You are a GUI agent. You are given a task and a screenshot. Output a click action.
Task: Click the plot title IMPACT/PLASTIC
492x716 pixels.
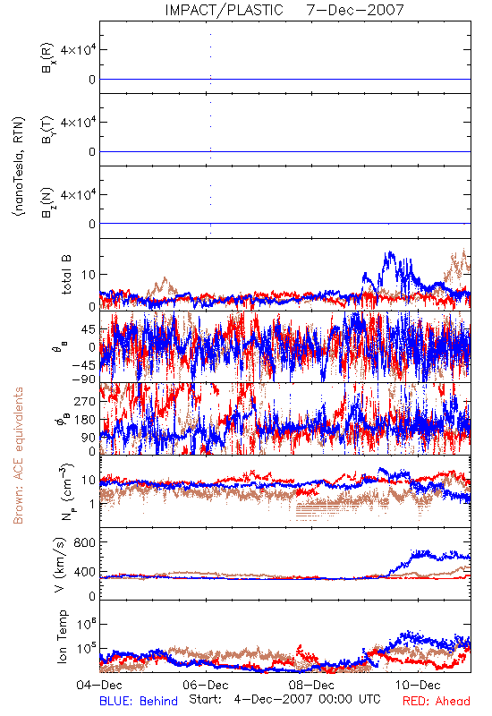point(224,10)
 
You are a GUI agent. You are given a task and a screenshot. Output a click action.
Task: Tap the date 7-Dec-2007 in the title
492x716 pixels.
point(355,10)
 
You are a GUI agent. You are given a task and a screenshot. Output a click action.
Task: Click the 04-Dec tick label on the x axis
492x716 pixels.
point(99,685)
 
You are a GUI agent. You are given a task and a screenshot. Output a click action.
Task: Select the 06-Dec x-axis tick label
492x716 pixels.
point(206,685)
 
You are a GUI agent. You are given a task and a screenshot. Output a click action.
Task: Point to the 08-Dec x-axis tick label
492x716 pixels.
point(311,685)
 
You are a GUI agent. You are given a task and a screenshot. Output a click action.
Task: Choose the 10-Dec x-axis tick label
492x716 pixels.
point(418,685)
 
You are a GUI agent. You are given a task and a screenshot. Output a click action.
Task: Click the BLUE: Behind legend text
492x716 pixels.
point(139,701)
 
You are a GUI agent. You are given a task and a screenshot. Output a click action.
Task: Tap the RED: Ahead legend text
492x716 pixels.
point(437,701)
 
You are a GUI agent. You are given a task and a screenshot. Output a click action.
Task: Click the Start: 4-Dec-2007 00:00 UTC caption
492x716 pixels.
point(284,699)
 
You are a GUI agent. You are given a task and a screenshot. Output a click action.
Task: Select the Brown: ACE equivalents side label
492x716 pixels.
point(18,456)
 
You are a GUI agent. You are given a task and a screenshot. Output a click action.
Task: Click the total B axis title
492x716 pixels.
point(66,275)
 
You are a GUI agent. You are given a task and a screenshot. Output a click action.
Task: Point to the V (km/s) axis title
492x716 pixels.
point(61,565)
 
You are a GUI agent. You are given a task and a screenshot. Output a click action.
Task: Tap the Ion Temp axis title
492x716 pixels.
point(62,636)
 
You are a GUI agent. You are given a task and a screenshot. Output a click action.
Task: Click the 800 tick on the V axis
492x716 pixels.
point(85,542)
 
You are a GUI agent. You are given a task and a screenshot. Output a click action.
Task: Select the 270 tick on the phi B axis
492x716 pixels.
point(85,401)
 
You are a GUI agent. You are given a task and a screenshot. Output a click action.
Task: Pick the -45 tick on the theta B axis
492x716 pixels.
point(82,365)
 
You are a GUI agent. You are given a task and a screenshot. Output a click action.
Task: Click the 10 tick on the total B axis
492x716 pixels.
point(89,275)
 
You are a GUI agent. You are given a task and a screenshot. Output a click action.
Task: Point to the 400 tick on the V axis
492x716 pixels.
point(85,572)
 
